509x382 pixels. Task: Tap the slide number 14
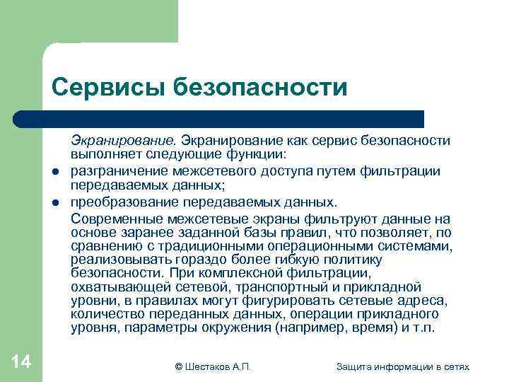21,362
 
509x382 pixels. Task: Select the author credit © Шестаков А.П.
213,366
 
